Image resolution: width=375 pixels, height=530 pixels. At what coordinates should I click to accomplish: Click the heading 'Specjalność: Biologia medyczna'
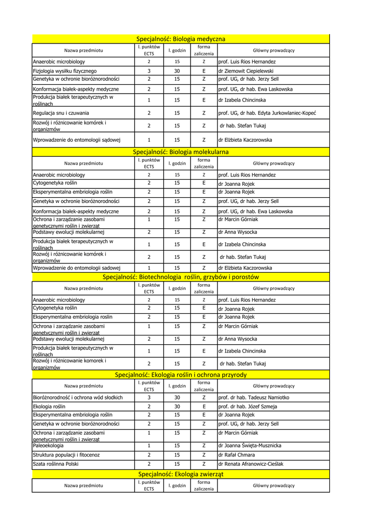(x=181, y=39)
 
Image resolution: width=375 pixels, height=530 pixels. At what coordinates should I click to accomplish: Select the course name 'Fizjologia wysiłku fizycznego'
(x=65, y=71)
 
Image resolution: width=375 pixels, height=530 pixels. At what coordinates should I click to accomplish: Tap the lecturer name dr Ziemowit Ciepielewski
(x=246, y=71)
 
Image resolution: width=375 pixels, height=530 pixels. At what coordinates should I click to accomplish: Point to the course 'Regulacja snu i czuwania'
(x=61, y=113)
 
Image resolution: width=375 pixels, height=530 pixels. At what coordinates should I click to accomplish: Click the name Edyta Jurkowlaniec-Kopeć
(x=290, y=113)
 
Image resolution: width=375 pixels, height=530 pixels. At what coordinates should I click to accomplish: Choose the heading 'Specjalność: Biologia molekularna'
(x=181, y=152)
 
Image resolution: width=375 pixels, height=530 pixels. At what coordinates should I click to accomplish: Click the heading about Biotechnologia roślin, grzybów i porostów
(x=181, y=277)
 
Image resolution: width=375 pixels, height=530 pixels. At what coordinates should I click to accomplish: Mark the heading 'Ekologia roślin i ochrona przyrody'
(x=181, y=374)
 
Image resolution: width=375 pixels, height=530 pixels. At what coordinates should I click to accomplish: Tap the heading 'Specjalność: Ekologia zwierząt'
(x=181, y=474)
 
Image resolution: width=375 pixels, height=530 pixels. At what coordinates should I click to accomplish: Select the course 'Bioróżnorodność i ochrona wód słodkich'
(x=78, y=397)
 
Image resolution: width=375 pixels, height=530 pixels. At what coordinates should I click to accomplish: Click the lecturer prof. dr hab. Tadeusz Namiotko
(x=254, y=397)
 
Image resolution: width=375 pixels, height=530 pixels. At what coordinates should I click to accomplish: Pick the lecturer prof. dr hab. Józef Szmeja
(x=248, y=407)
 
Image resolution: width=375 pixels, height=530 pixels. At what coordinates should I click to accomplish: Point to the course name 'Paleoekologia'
(x=49, y=445)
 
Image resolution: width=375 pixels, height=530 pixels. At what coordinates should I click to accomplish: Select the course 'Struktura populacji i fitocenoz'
(x=66, y=455)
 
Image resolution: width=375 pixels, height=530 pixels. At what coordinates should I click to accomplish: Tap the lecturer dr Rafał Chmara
(x=237, y=455)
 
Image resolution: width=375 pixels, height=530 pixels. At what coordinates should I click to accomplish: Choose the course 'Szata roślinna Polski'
(x=56, y=464)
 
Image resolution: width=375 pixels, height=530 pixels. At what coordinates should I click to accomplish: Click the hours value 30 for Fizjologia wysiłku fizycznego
(x=177, y=71)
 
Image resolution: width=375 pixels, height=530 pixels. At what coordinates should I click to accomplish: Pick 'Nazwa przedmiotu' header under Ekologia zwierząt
(x=83, y=485)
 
